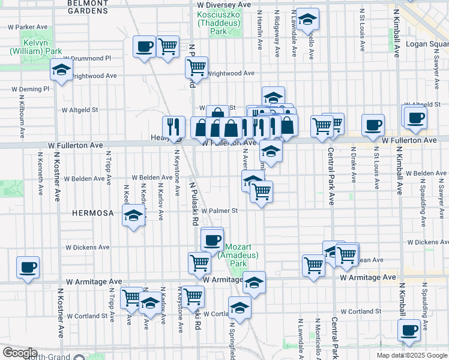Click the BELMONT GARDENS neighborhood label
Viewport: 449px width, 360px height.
88,7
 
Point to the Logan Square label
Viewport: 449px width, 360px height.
427,44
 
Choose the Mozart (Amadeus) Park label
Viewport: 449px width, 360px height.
243,255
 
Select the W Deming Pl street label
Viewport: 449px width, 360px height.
30,89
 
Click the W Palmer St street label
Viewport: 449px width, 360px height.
220,211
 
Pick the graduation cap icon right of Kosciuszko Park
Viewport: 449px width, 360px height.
308,20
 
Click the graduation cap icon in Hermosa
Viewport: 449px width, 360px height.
133,216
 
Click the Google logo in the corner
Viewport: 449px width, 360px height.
19,353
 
